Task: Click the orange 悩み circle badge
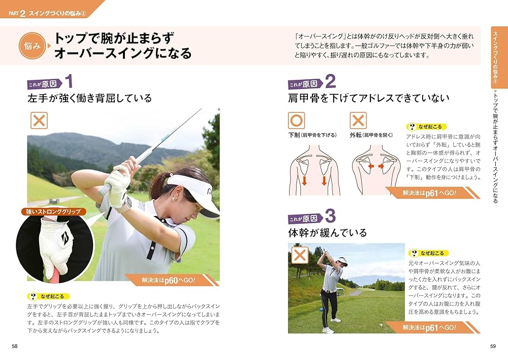(31, 46)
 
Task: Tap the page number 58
(14, 346)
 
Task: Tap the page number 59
(492, 346)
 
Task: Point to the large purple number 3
(330, 216)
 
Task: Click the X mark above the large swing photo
(39, 121)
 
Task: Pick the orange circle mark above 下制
(297, 121)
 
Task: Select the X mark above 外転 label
(358, 121)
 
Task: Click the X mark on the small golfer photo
(300, 254)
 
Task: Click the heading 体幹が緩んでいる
(327, 233)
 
